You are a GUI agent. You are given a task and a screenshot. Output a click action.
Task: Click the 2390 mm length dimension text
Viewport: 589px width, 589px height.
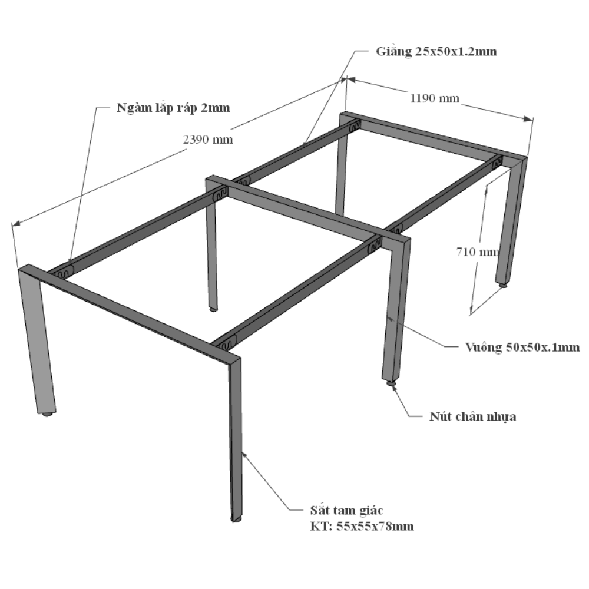208,140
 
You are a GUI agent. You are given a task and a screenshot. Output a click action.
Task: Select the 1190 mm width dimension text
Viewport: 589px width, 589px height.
435,98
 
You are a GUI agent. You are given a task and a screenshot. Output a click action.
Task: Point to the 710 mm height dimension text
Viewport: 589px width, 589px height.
478,252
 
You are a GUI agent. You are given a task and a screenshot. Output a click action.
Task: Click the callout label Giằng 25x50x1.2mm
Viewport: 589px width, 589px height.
436,51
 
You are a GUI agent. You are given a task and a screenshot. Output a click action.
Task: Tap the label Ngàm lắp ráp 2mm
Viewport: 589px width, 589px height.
173,108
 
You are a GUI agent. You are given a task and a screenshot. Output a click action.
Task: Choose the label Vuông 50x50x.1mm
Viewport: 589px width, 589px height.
522,347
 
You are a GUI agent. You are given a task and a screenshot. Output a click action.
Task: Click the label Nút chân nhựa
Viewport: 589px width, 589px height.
472,416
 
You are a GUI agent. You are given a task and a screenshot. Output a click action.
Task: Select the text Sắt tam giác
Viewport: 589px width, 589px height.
346,510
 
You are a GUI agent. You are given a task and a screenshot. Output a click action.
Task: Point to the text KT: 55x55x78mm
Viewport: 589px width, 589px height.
362,526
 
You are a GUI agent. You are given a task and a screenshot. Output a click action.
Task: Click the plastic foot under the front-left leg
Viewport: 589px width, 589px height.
47,414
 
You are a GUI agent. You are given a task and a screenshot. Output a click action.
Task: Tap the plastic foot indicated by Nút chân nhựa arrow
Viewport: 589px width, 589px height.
391,383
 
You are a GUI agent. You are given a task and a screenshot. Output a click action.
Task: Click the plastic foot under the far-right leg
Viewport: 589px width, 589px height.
502,286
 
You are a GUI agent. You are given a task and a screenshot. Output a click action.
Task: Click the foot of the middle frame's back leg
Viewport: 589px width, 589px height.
213,310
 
